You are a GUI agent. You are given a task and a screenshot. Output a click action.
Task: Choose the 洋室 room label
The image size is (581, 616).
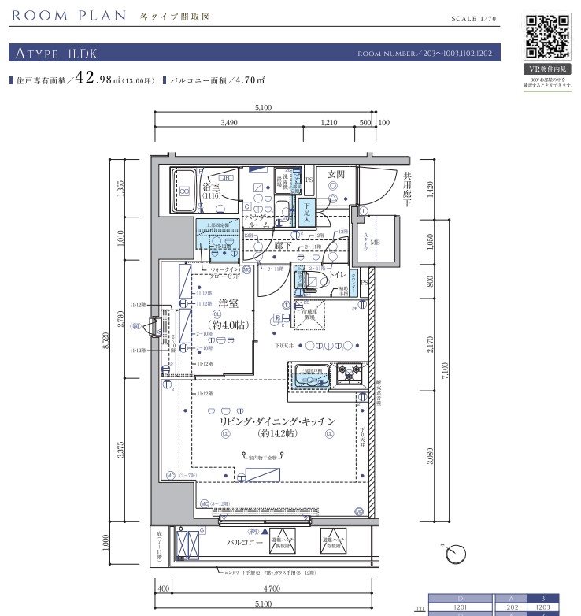point(228,302)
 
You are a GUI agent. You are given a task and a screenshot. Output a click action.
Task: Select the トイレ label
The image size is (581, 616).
point(336,276)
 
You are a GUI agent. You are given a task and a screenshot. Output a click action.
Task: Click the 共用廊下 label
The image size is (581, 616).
point(408,188)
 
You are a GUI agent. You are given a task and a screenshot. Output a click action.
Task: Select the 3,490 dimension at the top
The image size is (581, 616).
point(229,123)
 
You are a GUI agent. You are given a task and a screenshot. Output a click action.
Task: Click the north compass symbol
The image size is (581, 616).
point(454,555)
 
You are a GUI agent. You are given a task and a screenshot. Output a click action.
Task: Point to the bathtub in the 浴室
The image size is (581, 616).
point(185,191)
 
